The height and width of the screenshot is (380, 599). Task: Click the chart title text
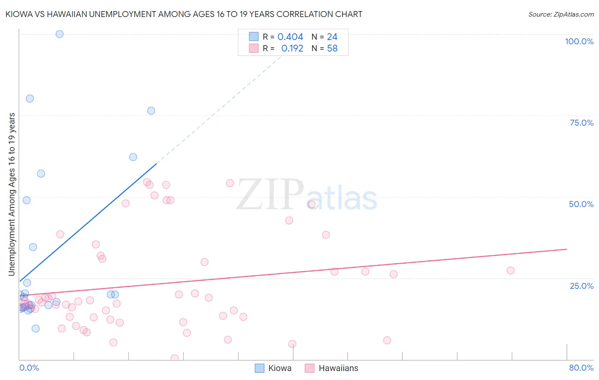(x=184, y=14)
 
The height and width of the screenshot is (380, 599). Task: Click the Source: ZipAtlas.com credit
(x=561, y=14)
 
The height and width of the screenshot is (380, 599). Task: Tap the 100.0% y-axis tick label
(x=579, y=41)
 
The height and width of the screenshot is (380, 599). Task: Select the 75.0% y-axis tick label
(x=582, y=123)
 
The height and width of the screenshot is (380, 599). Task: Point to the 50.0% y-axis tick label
(x=581, y=204)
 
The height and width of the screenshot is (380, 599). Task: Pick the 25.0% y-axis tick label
(x=582, y=286)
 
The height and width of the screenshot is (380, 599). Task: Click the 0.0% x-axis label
(x=29, y=368)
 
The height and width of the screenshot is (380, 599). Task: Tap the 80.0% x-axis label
(x=581, y=368)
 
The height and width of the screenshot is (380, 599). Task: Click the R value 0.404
(x=290, y=37)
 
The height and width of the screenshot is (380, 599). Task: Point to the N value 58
(x=332, y=49)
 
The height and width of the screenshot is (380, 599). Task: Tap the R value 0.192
(x=292, y=49)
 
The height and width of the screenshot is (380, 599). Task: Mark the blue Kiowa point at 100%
(x=60, y=34)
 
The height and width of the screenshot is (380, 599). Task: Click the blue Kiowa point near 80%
(x=30, y=98)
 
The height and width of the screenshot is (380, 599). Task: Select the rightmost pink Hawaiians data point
(x=510, y=271)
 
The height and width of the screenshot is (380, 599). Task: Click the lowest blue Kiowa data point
(x=36, y=328)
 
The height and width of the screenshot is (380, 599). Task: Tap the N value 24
(x=332, y=37)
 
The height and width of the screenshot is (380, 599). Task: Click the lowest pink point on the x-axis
(x=174, y=358)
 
